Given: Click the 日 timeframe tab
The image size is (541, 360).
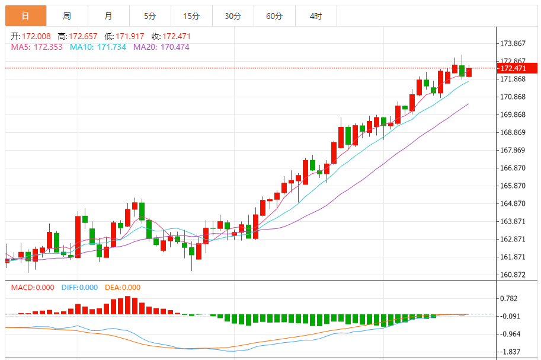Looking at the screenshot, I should click(x=25, y=16).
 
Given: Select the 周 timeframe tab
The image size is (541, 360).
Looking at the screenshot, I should click(x=67, y=16).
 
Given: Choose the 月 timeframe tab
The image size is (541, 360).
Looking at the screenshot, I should click(x=108, y=16).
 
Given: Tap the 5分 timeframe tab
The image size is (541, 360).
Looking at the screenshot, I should click(x=150, y=16).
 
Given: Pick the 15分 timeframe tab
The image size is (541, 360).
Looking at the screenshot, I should click(x=191, y=16).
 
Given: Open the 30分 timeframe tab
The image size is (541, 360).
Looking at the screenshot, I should click(x=233, y=16).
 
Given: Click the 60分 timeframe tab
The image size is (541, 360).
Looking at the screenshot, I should click(x=274, y=16).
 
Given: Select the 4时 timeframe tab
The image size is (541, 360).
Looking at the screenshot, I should click(x=316, y=16).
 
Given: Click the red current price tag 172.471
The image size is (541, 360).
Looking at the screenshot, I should click(x=514, y=69).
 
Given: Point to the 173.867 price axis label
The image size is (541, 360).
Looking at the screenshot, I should click(x=513, y=44).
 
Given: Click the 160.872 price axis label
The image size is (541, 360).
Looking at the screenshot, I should click(x=513, y=275).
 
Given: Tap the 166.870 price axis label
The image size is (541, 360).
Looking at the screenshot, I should click(x=513, y=168).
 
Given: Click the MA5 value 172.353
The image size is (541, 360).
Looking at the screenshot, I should click(x=50, y=47).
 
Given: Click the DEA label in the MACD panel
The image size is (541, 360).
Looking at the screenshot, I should click(x=112, y=288).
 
